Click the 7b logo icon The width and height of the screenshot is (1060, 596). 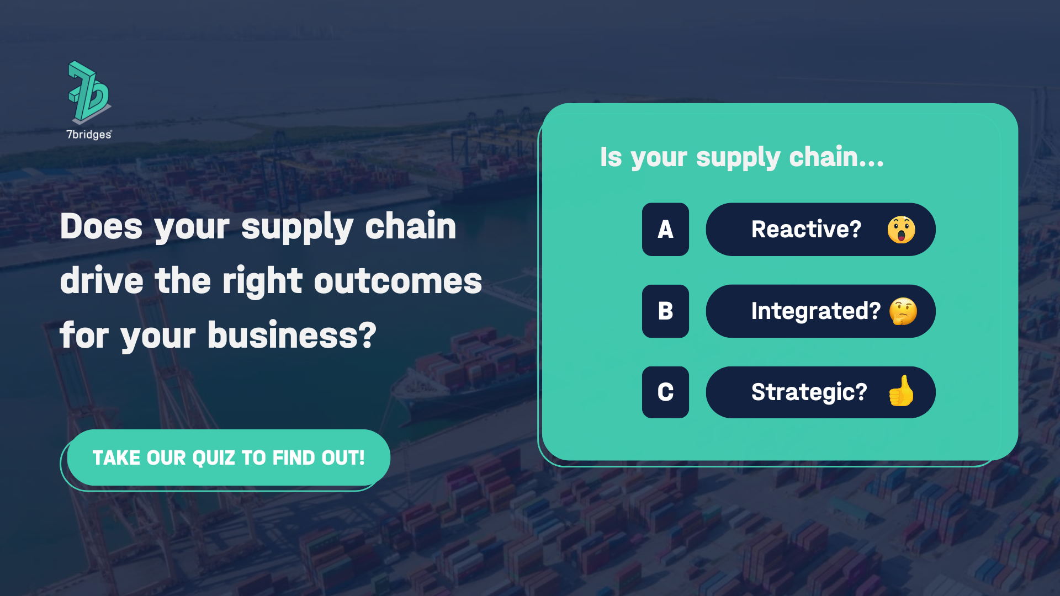point(89,91)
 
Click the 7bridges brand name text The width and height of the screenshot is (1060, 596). point(89,135)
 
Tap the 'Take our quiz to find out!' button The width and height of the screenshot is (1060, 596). point(228,457)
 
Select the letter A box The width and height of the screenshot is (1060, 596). point(665,230)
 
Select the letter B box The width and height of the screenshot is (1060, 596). point(665,311)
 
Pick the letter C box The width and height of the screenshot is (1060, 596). point(665,392)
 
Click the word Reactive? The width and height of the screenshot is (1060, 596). point(806,230)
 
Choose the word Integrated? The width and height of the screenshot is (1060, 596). point(815,311)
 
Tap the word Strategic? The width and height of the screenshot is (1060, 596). point(809,392)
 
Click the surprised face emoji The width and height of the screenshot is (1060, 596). point(901,230)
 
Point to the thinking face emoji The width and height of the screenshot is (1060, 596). point(903,311)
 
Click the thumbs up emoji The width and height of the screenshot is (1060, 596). point(901,391)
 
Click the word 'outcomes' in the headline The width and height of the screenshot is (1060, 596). point(397,281)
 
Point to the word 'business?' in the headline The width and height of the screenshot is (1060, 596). point(292,336)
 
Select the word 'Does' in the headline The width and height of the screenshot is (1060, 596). point(101,227)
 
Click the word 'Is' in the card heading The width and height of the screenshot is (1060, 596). point(611,157)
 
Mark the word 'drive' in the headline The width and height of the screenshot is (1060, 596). point(102,281)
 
